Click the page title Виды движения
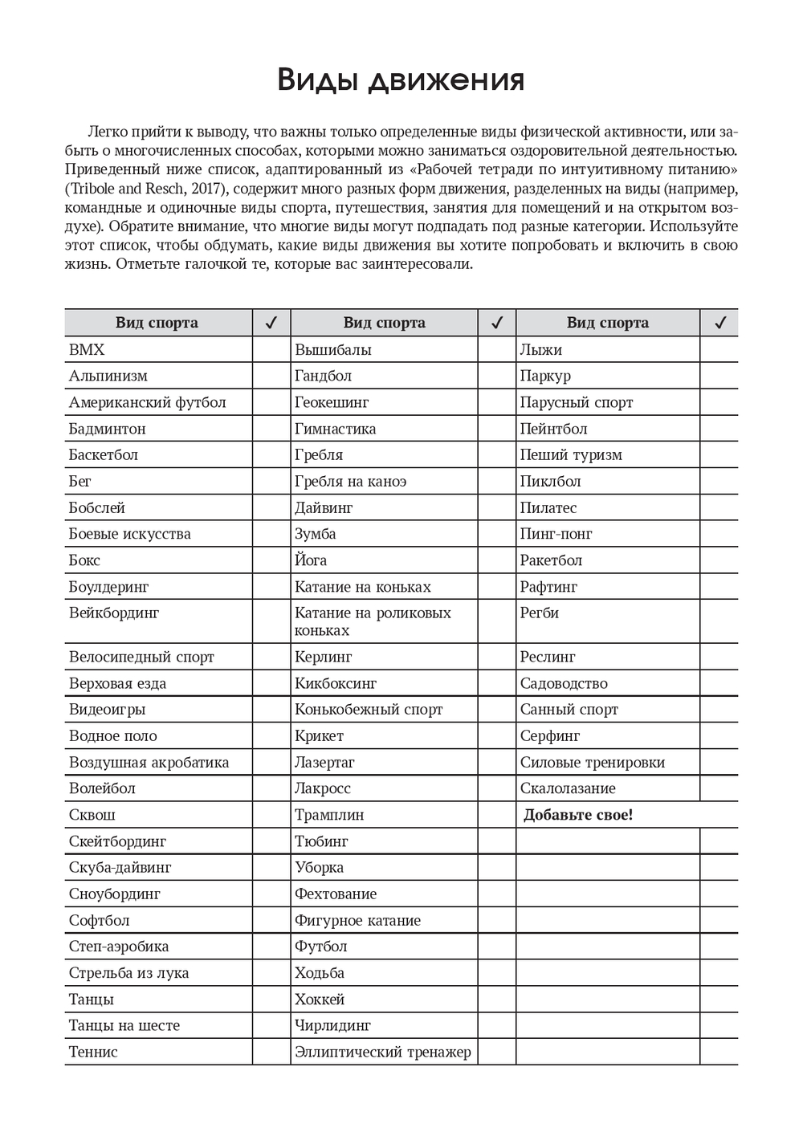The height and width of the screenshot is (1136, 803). tap(401, 80)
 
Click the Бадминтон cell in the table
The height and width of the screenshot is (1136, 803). tap(107, 429)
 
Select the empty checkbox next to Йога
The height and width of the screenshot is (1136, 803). tap(496, 560)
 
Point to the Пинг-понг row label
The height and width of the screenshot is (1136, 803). tap(556, 534)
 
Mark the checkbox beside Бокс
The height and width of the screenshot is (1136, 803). tap(271, 560)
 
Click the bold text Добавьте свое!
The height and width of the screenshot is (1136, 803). tap(578, 815)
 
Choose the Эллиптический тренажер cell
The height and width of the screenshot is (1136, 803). tap(382, 1052)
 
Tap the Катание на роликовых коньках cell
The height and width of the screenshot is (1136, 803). tap(373, 621)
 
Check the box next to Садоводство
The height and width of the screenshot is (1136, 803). tap(719, 683)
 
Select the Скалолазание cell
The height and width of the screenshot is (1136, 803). tap(568, 788)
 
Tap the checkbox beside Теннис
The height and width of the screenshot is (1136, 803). tap(271, 1052)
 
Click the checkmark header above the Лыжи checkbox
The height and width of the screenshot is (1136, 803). tap(719, 323)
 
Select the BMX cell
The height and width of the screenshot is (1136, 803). tap(87, 350)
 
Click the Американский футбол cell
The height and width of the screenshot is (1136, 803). tap(147, 402)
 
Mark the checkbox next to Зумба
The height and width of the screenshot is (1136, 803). tap(496, 534)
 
